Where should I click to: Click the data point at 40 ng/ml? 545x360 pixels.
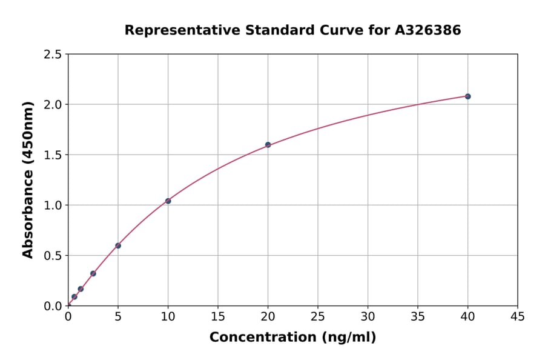[467, 96]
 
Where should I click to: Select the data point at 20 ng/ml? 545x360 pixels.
[268, 145]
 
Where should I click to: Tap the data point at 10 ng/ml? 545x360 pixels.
[168, 201]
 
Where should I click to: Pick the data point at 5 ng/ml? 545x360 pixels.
[118, 245]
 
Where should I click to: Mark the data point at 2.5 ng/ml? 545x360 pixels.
[93, 273]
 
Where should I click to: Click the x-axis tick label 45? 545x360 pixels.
[518, 316]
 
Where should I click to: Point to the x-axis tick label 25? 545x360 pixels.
[318, 316]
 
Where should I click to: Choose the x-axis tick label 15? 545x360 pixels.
[218, 316]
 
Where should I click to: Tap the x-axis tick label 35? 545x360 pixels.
[418, 316]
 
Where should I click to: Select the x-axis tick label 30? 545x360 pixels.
[368, 316]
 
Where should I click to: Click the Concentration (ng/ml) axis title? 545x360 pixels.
[292, 338]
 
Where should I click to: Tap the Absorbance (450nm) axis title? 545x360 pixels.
[28, 180]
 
